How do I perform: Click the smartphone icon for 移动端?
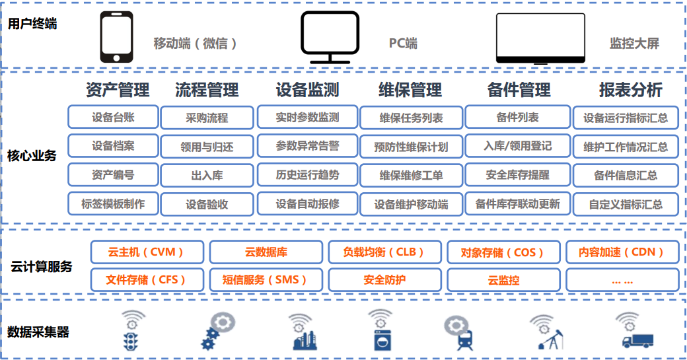[x=116, y=38]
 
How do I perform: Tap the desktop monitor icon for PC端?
[x=330, y=37]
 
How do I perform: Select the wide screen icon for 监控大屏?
[x=540, y=38]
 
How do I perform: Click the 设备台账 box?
[x=113, y=118]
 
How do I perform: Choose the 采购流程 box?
[x=207, y=118]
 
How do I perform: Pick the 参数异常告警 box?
[x=307, y=146]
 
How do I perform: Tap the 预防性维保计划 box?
[x=411, y=147]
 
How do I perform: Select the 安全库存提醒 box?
[x=517, y=175]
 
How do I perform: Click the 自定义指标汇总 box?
[x=626, y=204]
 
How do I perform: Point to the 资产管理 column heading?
[x=118, y=90]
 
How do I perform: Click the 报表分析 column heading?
[x=630, y=90]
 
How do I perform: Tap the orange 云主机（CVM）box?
[x=147, y=252]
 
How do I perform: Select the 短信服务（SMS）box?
[x=266, y=279]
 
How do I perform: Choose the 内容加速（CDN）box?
[x=622, y=252]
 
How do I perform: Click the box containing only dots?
[x=622, y=279]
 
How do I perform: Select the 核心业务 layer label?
[x=32, y=156]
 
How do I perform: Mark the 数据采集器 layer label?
[x=38, y=332]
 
